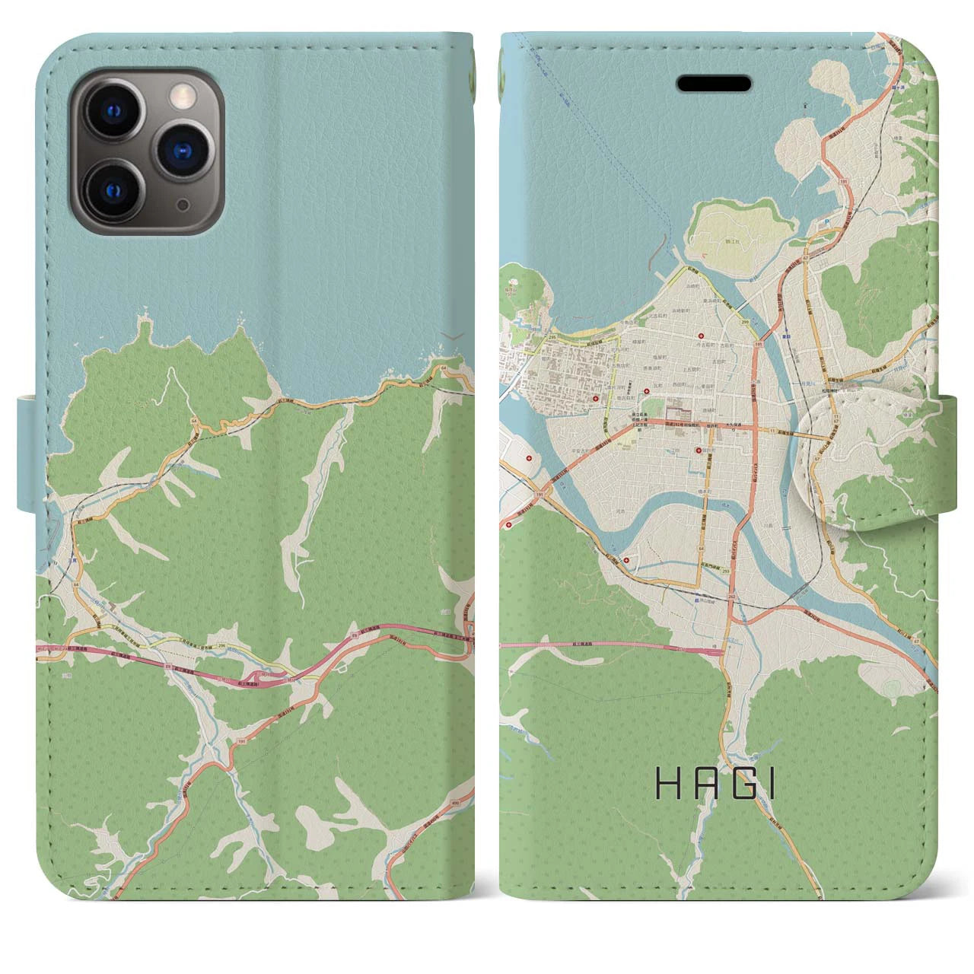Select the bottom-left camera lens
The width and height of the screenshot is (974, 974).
pyautogui.click(x=119, y=188)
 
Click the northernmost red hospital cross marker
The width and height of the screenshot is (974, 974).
pyautogui.click(x=701, y=337)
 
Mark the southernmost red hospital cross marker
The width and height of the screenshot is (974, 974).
pyautogui.click(x=626, y=561)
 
